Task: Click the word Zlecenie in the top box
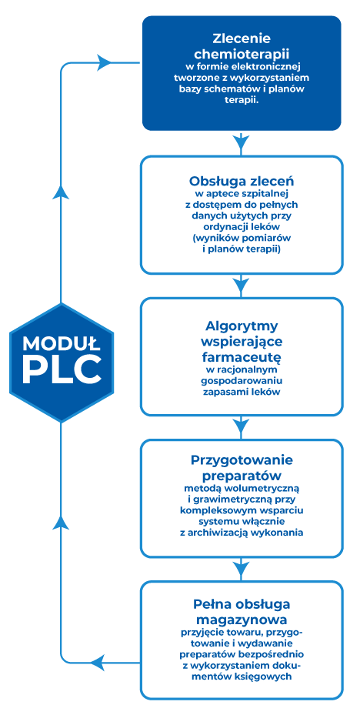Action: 242,38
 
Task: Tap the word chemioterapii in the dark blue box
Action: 242,55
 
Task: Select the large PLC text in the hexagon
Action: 62,369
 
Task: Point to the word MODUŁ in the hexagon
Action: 62,342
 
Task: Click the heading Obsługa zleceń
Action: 242,181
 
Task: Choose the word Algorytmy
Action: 242,327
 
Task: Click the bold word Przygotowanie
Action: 242,459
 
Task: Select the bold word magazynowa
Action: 242,620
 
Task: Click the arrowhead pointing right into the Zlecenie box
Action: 105,62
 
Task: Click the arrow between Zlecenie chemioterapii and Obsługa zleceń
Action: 242,142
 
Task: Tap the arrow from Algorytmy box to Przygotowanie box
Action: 242,427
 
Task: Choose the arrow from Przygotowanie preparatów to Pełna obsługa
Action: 242,568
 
